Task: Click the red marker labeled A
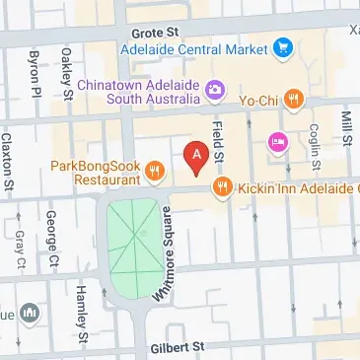coord(196,156)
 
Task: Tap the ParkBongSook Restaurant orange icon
coord(153,174)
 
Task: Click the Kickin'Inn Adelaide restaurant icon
coord(222,184)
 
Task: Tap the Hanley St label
coord(82,304)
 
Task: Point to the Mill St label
coord(347,130)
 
